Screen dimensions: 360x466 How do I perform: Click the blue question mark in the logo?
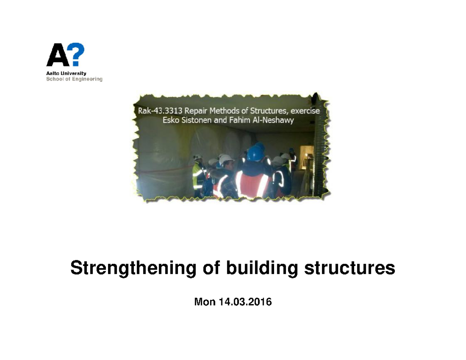click(77, 55)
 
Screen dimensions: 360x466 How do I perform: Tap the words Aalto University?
click(66, 73)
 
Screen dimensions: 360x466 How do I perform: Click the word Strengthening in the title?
click(133, 269)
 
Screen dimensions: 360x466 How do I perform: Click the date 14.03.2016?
click(245, 302)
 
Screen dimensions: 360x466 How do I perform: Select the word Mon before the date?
click(204, 302)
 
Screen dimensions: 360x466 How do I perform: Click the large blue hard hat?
click(256, 152)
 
